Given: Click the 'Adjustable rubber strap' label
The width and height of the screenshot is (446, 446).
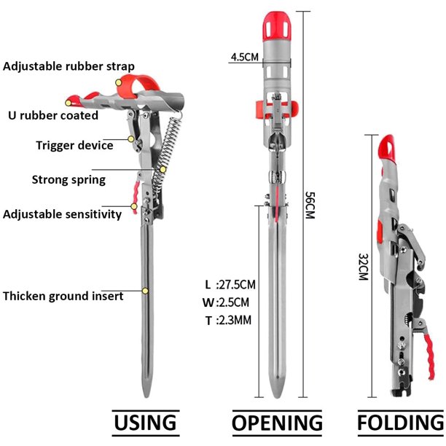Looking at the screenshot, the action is tap(69, 66).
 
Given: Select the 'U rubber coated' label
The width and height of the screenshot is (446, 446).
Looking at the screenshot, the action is tap(53, 115).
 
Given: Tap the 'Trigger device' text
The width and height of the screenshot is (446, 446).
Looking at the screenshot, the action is tap(74, 145).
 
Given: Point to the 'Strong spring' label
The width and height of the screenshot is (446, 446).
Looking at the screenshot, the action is tap(69, 180).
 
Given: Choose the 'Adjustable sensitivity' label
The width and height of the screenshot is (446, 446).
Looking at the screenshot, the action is tap(62, 214).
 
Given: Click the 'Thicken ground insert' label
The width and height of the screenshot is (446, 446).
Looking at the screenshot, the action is tap(63, 296).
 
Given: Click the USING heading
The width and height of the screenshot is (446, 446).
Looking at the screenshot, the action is tap(145, 423).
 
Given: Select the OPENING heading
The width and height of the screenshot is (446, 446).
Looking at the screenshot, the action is tap(278, 423).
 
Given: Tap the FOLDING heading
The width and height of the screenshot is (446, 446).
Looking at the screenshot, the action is tap(401, 423).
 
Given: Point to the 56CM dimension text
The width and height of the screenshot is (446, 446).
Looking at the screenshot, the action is tap(310, 205).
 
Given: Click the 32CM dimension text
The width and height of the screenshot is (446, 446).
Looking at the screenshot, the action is tap(364, 267).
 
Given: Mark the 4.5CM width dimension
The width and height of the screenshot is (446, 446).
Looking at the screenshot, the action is tap(245, 57).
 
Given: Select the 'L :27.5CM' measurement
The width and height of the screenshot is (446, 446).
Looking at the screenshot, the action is tap(230, 285).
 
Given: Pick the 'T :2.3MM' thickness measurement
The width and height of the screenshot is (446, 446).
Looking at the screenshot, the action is tap(228, 321).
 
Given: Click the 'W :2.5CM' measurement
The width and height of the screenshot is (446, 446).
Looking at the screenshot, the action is tap(226, 302).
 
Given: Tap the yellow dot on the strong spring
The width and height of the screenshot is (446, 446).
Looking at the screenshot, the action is tap(163, 170).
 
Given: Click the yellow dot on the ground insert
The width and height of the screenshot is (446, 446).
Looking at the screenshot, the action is tap(145, 291).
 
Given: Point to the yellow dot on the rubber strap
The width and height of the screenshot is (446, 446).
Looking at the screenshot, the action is tap(119, 83).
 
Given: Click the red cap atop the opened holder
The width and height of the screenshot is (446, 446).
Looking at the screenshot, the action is tap(277, 26).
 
